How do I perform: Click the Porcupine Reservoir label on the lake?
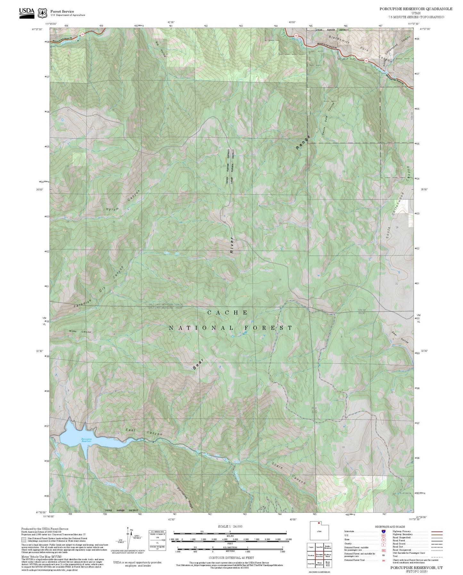pos(86,440)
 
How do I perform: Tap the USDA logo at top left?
pos(27,13)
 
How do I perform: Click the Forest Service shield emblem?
pos(42,13)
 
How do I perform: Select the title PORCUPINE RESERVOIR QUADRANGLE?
pos(416,9)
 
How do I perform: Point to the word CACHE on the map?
pos(227,312)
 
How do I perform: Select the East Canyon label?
pos(144,432)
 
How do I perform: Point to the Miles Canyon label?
pos(80,331)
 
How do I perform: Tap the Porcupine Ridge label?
pos(185,498)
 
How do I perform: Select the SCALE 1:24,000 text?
pos(230,526)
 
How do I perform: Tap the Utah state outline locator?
pos(319,531)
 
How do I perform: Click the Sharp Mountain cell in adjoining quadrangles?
pos(319,564)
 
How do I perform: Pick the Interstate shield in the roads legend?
pos(383,531)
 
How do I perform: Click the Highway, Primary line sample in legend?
pos(437,531)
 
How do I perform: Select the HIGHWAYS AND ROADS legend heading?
pos(390,527)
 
